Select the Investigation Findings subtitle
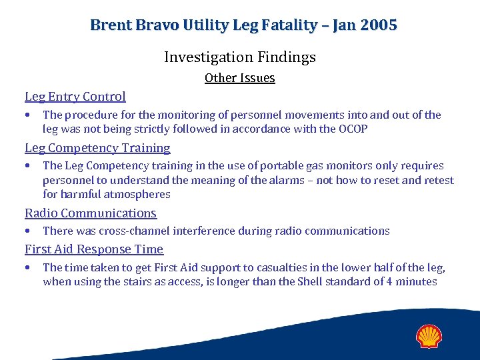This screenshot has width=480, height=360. point(240,57)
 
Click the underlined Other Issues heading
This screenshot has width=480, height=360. point(240,78)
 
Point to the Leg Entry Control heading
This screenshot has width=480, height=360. point(75,97)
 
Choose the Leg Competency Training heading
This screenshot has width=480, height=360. point(97,148)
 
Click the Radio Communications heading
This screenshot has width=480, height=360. point(91,213)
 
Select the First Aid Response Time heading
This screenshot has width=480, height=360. point(94,249)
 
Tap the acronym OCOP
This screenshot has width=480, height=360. point(352,129)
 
